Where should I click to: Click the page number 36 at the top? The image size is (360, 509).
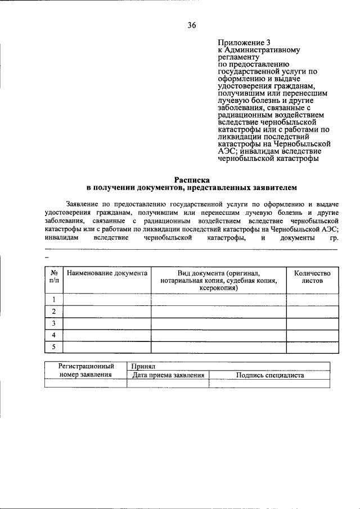point(191,25)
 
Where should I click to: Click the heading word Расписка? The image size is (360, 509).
point(191,179)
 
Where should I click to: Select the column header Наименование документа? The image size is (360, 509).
point(107,272)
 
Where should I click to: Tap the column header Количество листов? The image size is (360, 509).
point(312,276)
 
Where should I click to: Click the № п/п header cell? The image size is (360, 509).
point(53,276)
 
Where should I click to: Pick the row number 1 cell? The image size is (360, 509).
point(53,299)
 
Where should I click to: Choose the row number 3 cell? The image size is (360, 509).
point(53,323)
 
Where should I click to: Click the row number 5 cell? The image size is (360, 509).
point(53,347)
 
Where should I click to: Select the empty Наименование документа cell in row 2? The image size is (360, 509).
point(107,312)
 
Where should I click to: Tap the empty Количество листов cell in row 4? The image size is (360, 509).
point(312,335)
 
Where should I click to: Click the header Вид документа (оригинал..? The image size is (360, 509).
point(219,272)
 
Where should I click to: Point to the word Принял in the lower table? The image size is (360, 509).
point(141,366)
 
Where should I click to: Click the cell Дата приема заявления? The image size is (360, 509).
point(168,375)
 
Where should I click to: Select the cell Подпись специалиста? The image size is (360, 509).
point(270,375)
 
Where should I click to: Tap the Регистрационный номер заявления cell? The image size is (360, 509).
point(85,370)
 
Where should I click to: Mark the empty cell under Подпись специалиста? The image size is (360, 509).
point(270,384)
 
